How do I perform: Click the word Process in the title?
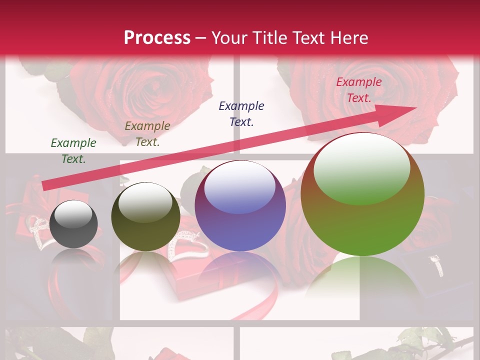(x=157, y=38)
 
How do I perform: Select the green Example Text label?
(x=73, y=151)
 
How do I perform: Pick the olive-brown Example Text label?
(x=147, y=134)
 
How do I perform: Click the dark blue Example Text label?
(x=241, y=114)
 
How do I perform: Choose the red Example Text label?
(x=359, y=90)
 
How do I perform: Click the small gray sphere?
(x=73, y=224)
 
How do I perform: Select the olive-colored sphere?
(x=145, y=216)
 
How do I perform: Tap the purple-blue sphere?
(x=240, y=206)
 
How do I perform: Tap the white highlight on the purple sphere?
(x=239, y=188)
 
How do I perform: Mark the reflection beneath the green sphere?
(x=362, y=280)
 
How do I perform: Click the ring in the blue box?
(x=437, y=265)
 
